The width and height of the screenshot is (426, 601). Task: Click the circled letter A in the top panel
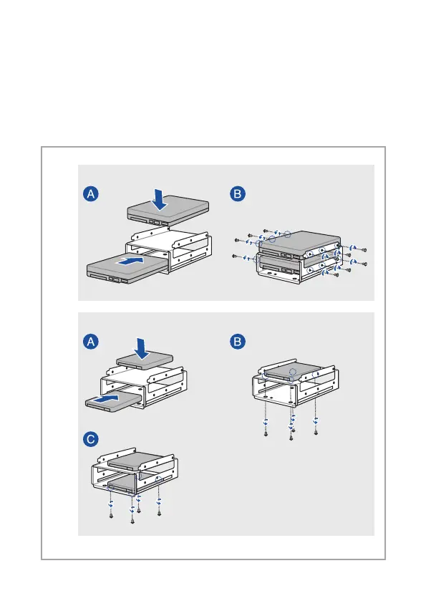91,194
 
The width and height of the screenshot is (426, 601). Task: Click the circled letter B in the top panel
238,194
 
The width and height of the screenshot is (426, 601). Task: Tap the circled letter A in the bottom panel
91,342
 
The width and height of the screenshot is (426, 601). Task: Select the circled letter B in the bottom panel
238,342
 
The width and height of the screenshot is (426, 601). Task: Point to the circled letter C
91,439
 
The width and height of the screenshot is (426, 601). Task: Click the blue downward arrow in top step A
159,199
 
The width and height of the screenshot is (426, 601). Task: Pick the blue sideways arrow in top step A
132,261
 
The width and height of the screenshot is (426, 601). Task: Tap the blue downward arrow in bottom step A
141,348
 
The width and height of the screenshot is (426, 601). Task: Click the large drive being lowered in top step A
168,211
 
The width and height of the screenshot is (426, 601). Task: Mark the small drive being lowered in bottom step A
145,360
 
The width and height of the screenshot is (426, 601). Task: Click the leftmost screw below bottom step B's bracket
266,433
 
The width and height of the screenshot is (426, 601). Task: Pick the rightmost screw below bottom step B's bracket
316,433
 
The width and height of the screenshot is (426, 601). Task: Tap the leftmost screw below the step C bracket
111,516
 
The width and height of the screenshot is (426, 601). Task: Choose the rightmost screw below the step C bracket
160,513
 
